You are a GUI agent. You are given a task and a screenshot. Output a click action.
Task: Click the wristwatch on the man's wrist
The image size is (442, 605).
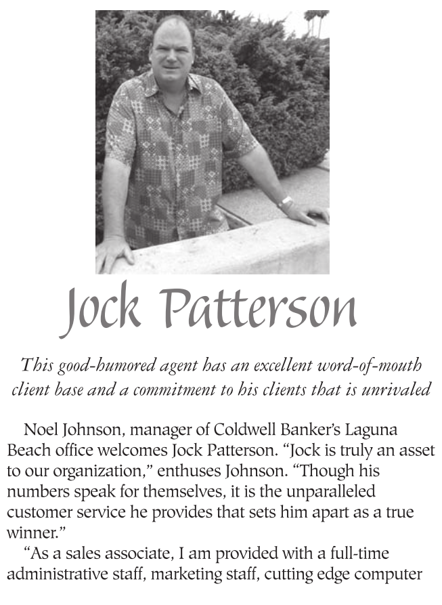pyautogui.click(x=285, y=202)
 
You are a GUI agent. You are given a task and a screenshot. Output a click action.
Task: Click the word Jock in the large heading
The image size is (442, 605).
pyautogui.click(x=102, y=310)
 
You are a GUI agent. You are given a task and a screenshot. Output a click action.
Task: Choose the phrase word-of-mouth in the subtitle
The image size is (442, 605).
pyautogui.click(x=374, y=366)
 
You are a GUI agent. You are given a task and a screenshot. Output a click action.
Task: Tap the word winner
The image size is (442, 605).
pyautogui.click(x=27, y=532)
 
